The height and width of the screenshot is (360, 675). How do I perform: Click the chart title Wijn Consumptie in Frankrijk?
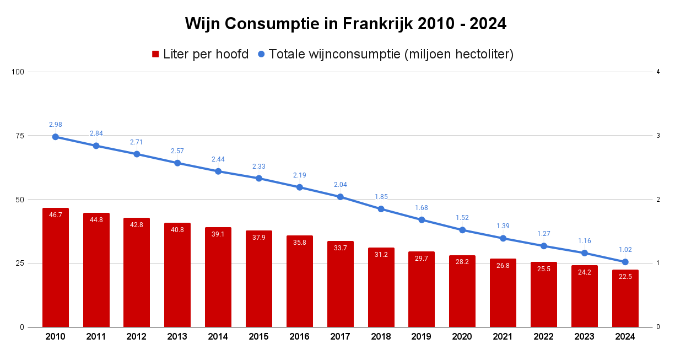click(345, 24)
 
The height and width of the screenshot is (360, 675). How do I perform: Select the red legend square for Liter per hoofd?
click(155, 54)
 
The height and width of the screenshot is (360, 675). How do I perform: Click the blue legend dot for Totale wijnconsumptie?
click(261, 54)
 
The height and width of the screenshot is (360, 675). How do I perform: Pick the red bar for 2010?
click(56, 267)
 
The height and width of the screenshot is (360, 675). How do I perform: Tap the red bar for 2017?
click(341, 284)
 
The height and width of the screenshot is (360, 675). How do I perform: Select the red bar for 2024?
click(625, 298)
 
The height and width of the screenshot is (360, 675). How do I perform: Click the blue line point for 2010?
click(56, 137)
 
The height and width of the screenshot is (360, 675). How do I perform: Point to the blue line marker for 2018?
click(381, 209)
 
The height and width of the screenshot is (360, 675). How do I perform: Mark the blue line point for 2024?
click(625, 262)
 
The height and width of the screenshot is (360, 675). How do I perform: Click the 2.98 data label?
click(56, 124)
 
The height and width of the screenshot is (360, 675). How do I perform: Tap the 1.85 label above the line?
click(381, 196)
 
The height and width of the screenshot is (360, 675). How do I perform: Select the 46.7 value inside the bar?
click(56, 215)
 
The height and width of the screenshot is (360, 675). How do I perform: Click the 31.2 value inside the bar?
click(381, 255)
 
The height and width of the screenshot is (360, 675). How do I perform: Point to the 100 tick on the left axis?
click(19, 72)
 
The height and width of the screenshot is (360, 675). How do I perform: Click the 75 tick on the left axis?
click(21, 136)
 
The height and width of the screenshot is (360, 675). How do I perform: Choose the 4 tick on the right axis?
click(658, 72)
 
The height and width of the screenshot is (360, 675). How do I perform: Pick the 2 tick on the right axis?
click(658, 200)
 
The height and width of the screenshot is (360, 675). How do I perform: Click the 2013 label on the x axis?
click(177, 337)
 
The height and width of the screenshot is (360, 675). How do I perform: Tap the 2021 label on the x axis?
click(503, 337)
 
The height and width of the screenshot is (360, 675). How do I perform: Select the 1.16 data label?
click(585, 241)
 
